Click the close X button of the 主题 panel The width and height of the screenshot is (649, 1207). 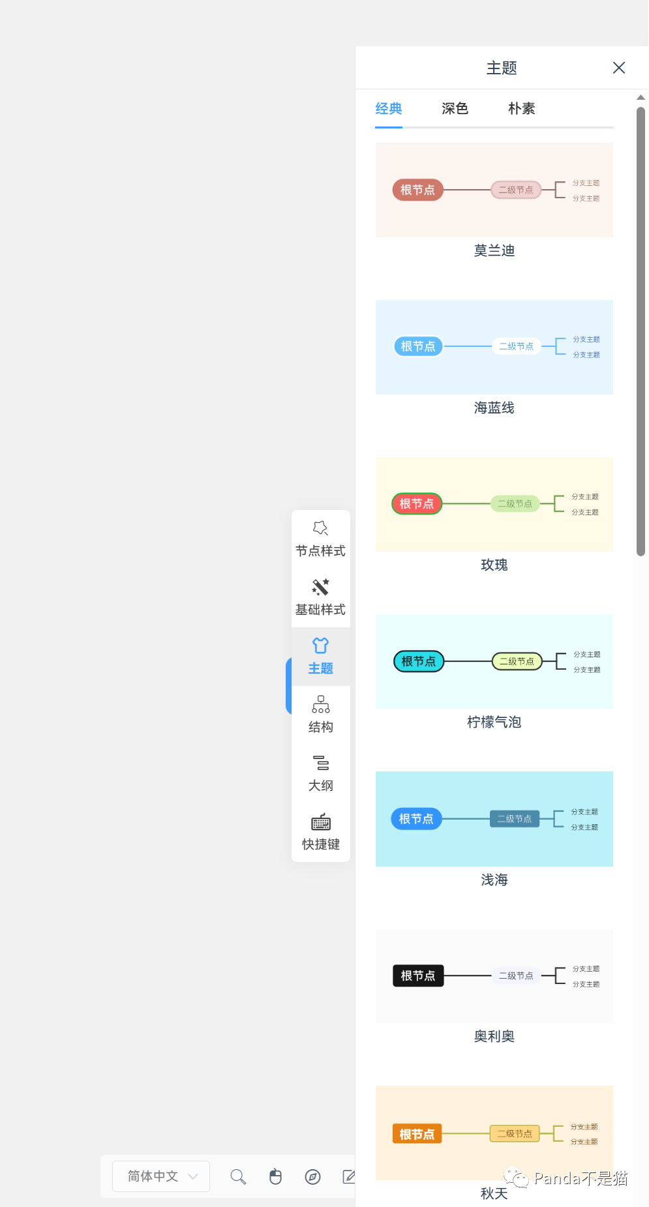(619, 68)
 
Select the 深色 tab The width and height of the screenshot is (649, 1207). (455, 108)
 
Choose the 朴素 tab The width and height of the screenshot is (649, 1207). (521, 108)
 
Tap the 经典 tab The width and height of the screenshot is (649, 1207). (389, 108)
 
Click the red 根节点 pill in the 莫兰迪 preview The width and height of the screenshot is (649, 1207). (417, 190)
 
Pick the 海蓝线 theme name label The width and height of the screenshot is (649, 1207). (494, 408)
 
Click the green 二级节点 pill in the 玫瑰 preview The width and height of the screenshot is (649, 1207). (515, 504)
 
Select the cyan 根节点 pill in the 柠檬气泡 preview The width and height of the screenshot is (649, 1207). (418, 661)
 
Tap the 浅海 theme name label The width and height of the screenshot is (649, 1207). (494, 880)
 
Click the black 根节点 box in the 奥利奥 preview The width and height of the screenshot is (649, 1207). (418, 976)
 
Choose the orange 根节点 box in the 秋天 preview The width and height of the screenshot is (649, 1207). (417, 1134)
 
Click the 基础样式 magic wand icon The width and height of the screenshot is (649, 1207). (320, 587)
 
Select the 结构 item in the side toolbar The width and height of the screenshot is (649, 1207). (320, 715)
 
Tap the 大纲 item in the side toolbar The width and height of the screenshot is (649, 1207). (320, 773)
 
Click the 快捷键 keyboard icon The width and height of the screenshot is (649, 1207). (320, 822)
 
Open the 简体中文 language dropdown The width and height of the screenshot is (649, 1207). (161, 1176)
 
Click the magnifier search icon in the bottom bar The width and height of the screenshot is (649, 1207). (238, 1176)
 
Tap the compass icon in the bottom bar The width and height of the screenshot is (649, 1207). (313, 1176)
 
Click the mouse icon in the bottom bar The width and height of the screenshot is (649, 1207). (275, 1176)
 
